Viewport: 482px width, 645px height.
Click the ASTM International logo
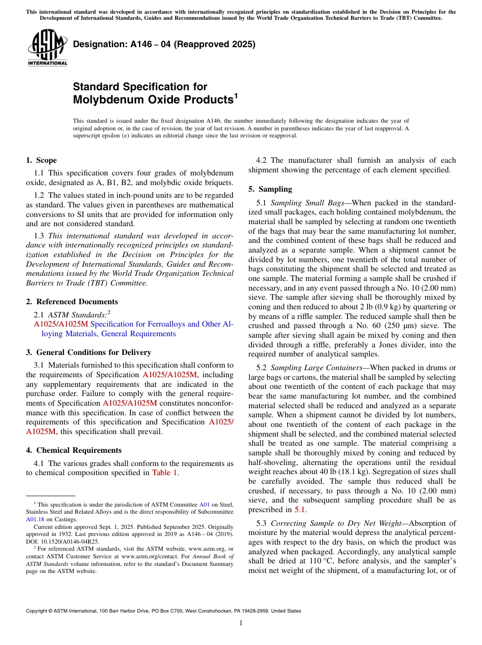click(x=47, y=48)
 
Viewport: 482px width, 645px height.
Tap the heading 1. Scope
click(x=41, y=160)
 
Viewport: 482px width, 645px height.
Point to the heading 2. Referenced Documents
click(x=72, y=301)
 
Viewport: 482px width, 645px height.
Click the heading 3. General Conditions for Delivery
click(x=88, y=352)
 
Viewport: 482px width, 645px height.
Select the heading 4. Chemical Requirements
click(x=74, y=450)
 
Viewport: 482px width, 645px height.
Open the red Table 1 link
click(x=165, y=473)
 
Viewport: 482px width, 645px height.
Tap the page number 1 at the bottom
click(x=241, y=623)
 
